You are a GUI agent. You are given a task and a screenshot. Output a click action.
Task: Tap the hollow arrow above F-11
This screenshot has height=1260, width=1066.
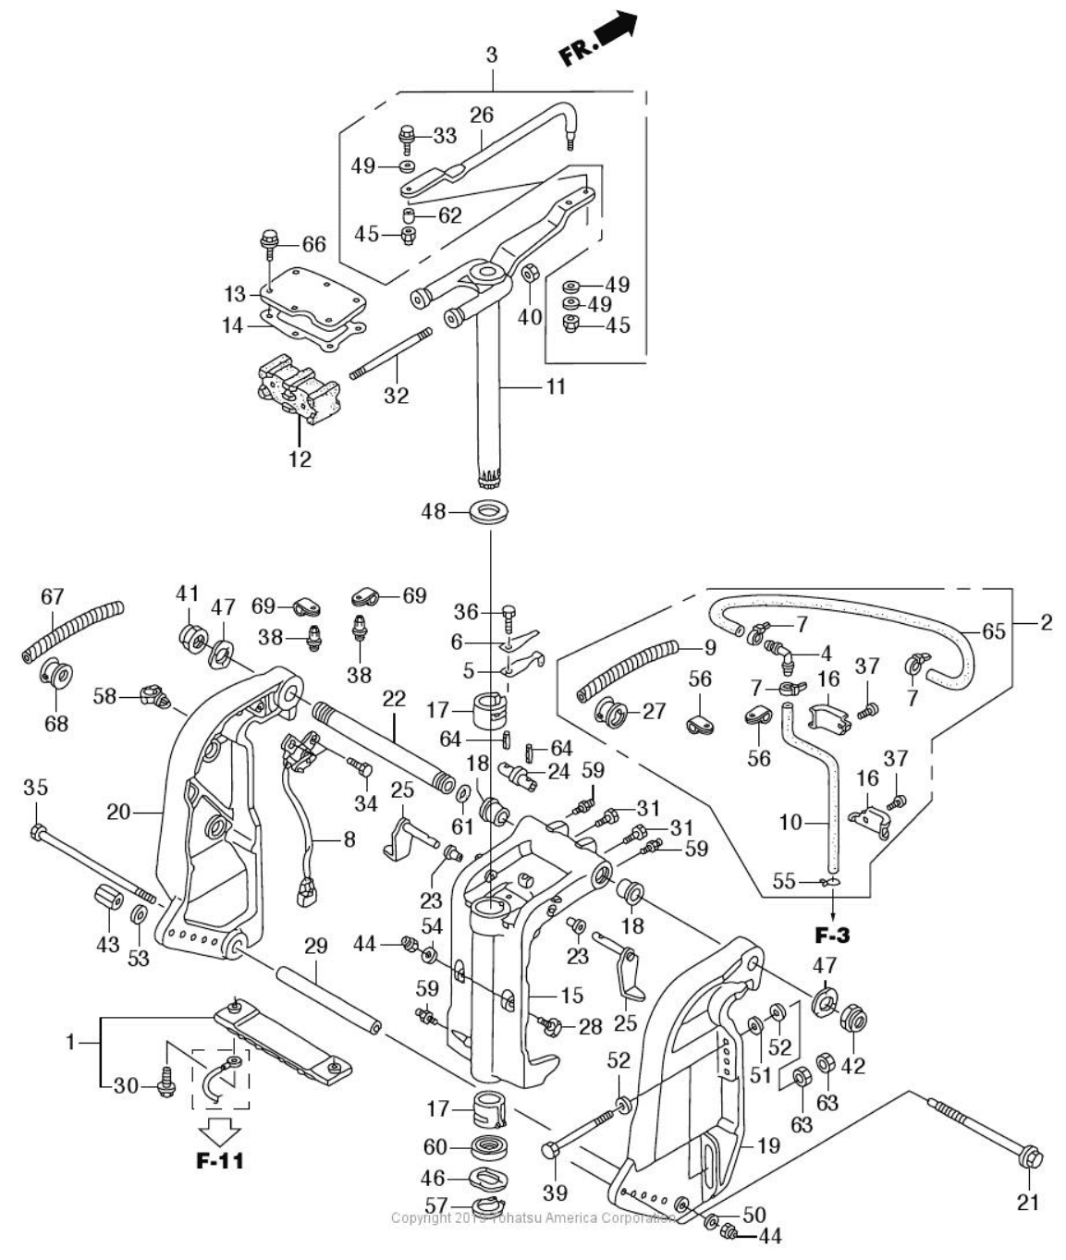(219, 1130)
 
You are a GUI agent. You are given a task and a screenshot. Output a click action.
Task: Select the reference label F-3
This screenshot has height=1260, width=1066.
(832, 935)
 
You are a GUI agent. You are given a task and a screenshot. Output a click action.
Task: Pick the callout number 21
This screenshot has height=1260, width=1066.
(1029, 1202)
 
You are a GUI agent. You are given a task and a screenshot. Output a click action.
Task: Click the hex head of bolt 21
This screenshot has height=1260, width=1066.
(1032, 1156)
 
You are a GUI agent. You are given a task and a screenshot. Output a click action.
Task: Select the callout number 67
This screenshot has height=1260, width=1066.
(52, 597)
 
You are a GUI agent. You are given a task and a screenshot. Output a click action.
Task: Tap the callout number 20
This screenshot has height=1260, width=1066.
(119, 812)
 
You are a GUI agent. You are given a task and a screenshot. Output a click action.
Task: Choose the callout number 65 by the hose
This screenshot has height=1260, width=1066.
(993, 632)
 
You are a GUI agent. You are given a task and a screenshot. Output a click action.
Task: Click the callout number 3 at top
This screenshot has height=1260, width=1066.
(492, 55)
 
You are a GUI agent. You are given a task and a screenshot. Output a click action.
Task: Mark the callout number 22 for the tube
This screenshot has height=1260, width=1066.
(394, 699)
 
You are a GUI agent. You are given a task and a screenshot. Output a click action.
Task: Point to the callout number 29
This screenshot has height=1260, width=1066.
(316, 945)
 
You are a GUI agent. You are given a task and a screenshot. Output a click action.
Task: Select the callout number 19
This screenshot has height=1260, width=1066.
(768, 1146)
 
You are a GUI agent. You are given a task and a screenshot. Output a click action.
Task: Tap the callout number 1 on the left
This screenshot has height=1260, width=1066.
(70, 1042)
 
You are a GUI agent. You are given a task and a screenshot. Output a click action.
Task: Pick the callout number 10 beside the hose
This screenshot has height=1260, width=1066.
(790, 821)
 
